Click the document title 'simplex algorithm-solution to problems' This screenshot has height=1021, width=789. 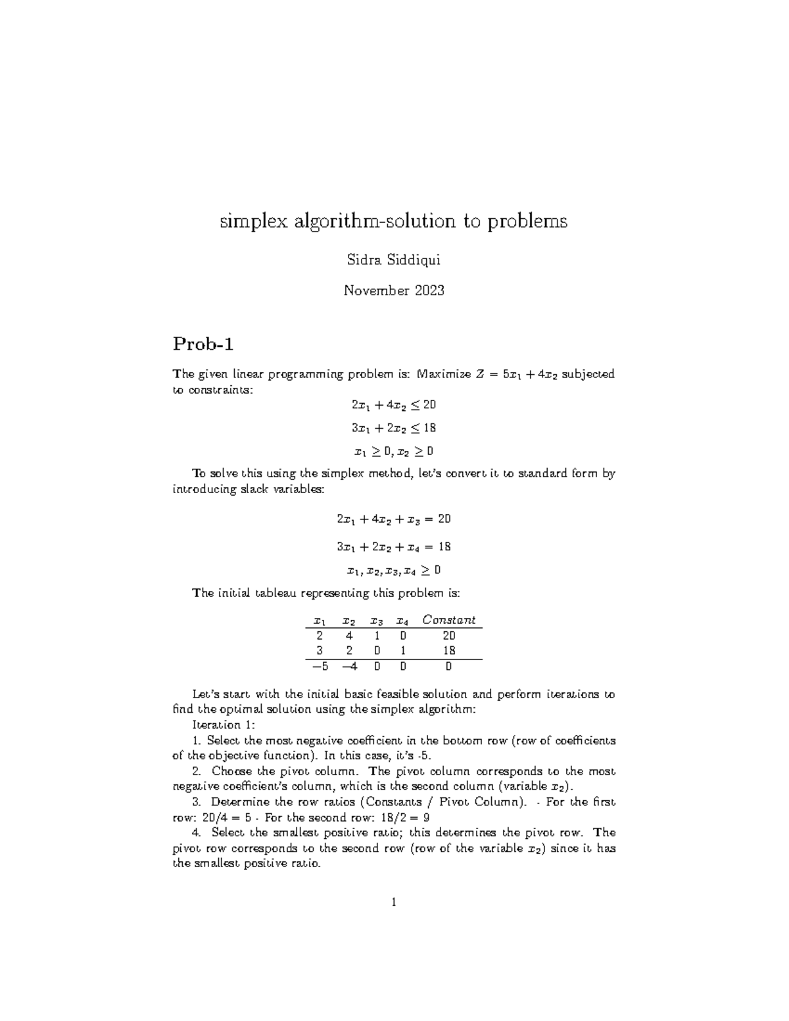tap(393, 222)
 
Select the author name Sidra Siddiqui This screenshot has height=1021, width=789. tap(393, 260)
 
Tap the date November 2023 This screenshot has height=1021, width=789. tap(394, 290)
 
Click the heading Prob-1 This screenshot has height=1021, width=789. tap(203, 343)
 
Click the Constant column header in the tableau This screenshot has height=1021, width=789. tap(448, 620)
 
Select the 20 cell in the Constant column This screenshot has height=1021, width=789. tap(449, 636)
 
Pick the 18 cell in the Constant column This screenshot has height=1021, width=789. tap(449, 651)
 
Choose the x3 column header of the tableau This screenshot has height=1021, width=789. tap(377, 621)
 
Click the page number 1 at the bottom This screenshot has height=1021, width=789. tap(394, 903)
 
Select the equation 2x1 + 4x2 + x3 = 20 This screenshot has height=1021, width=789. tap(394, 519)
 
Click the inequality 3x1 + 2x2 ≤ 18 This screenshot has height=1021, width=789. tap(394, 428)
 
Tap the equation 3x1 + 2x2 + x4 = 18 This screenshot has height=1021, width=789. tap(394, 547)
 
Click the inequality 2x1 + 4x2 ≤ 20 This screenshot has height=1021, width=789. tap(394, 404)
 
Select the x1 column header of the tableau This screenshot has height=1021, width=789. tap(320, 621)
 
